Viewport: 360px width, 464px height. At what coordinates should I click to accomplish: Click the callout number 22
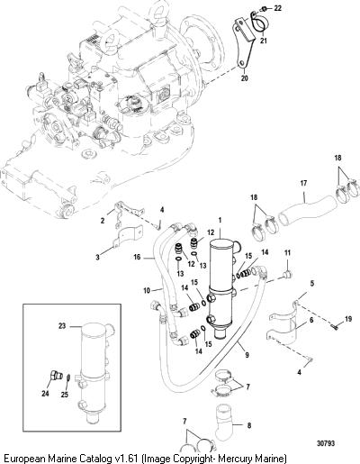[278, 8]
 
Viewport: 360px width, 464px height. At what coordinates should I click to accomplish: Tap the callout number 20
[245, 78]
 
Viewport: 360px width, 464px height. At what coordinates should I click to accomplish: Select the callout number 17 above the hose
[303, 183]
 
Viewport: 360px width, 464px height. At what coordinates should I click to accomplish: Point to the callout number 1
[220, 221]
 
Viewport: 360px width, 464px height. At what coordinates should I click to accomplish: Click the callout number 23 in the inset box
[62, 326]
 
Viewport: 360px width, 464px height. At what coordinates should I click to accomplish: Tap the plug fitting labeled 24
[56, 375]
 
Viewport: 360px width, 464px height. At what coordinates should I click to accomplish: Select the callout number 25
[65, 395]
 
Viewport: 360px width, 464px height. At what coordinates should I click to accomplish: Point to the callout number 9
[247, 355]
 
